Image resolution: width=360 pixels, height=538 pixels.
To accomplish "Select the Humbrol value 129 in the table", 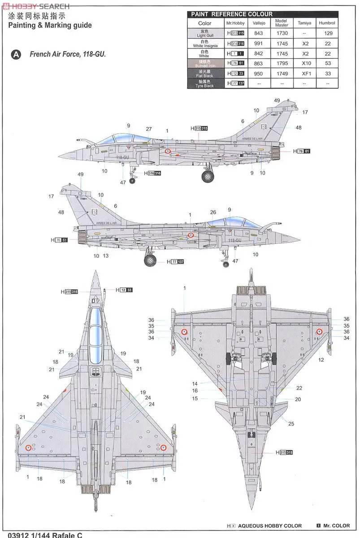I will pyautogui.click(x=328, y=33).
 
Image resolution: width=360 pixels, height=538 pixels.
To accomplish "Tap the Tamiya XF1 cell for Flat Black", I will pyautogui.click(x=306, y=74).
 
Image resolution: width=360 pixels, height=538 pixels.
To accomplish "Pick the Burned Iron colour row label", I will pyautogui.click(x=204, y=63).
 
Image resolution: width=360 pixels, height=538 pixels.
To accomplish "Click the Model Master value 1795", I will pyautogui.click(x=282, y=64).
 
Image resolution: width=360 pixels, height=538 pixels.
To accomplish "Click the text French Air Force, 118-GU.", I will pyautogui.click(x=68, y=54).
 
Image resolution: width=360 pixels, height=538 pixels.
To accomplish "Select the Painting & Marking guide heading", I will pyautogui.click(x=50, y=26).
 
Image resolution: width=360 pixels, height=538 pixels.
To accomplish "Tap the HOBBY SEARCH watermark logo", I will pyautogui.click(x=36, y=6).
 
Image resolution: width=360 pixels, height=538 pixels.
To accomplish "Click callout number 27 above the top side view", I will pyautogui.click(x=149, y=129).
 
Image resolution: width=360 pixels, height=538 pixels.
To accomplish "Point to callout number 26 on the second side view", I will pyautogui.click(x=213, y=212).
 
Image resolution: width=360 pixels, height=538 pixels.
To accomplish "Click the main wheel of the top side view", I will pyautogui.click(x=208, y=176).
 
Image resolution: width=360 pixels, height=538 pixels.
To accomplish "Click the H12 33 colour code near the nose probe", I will pyautogui.click(x=124, y=290).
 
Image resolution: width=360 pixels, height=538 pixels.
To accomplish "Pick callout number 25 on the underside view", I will pyautogui.click(x=291, y=424).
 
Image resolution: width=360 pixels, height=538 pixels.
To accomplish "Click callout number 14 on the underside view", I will pyautogui.click(x=195, y=384).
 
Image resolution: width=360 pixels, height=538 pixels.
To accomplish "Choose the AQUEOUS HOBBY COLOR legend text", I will pyautogui.click(x=269, y=525).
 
